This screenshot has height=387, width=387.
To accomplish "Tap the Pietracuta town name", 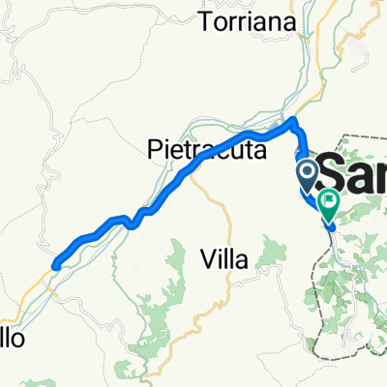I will pyautogui.click(x=196, y=148).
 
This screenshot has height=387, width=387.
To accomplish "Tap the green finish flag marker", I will pyautogui.click(x=329, y=205).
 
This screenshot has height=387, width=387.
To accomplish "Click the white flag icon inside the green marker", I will pyautogui.click(x=329, y=202).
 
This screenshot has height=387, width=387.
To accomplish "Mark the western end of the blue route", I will pyautogui.click(x=56, y=263).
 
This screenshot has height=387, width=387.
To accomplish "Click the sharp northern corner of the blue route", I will pyautogui.click(x=293, y=119).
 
